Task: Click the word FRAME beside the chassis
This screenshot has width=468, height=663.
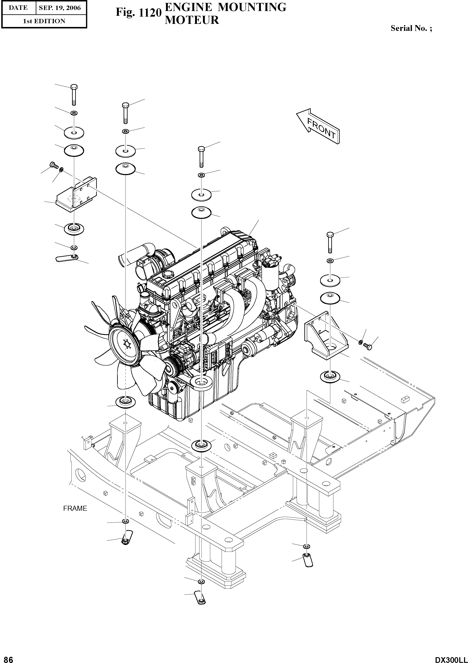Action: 75,508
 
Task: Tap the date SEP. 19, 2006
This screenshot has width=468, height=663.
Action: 60,8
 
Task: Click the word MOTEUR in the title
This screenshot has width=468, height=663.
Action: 192,20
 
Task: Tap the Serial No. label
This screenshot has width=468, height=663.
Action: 411,28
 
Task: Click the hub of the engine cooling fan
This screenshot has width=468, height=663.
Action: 126,344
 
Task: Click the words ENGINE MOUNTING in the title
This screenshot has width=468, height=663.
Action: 225,7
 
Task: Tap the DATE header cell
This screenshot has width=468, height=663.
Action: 18,8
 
